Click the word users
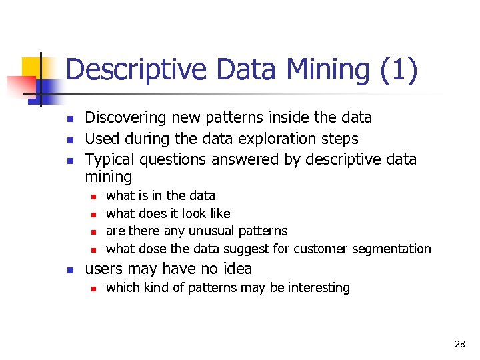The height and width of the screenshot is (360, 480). [103, 269]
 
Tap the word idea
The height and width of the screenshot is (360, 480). [237, 269]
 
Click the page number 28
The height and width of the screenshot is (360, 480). [459, 344]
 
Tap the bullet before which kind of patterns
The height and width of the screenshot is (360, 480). [94, 289]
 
